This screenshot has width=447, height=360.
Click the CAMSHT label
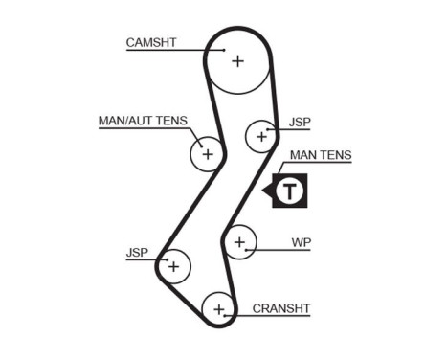click(151, 42)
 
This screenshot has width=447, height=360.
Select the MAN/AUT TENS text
click(143, 122)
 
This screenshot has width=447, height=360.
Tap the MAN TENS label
click(321, 155)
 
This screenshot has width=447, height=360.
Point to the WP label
click(301, 243)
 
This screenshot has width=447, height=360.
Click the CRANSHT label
click(281, 308)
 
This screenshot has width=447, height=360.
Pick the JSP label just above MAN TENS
click(300, 123)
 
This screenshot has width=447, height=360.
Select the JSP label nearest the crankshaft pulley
click(137, 253)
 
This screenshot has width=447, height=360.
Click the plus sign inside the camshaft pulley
click(237, 62)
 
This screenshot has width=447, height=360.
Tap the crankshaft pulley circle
click(219, 309)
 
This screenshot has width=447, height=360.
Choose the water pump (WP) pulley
click(239, 241)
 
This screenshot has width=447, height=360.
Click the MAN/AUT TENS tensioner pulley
click(207, 153)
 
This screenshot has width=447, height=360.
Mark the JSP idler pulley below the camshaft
click(260, 137)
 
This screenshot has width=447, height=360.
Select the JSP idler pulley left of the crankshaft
click(174, 265)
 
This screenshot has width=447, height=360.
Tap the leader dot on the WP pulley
click(247, 249)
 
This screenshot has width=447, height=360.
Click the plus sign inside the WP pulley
click(239, 241)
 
